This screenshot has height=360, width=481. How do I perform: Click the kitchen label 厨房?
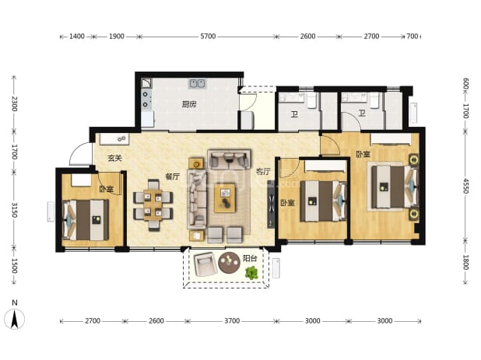[x=189, y=104]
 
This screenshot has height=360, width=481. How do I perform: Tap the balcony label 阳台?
[x=250, y=258]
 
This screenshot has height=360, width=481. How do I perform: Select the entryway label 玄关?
[x=114, y=158]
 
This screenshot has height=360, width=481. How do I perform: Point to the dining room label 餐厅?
[x=173, y=177]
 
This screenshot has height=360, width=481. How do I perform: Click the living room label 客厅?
[x=263, y=172]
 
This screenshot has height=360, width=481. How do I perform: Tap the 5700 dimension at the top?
[x=208, y=37]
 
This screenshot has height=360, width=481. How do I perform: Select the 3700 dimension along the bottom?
[x=232, y=321]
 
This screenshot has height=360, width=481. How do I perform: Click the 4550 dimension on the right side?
[x=465, y=186]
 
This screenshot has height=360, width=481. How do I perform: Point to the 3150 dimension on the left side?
[x=14, y=210]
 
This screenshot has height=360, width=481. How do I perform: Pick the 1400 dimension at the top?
[x=77, y=37]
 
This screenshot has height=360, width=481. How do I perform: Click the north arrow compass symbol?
[x=15, y=319]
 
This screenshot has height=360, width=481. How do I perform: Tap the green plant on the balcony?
[x=251, y=273]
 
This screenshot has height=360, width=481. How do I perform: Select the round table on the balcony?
[x=229, y=263]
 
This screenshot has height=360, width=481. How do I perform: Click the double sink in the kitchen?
[x=197, y=83]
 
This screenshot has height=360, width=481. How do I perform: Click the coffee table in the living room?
[x=225, y=198]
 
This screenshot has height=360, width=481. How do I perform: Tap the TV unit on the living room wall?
[x=271, y=204]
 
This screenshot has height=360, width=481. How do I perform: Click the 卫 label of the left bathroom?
[x=294, y=114]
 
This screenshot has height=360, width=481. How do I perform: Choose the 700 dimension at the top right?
[x=412, y=37]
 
